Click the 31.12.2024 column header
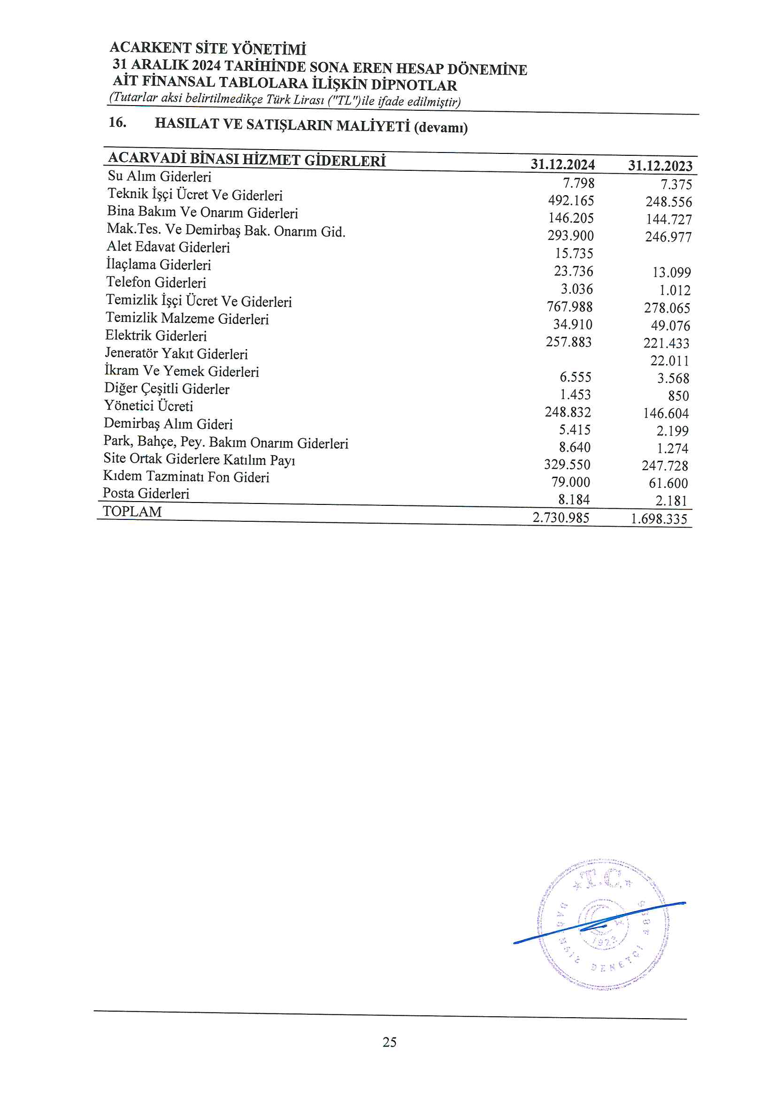pyautogui.click(x=562, y=165)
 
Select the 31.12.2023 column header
pyautogui.click(x=660, y=166)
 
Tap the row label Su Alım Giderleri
pyautogui.click(x=159, y=176)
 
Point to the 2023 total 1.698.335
pyautogui.click(x=658, y=519)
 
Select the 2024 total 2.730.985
pyautogui.click(x=561, y=518)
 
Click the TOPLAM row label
pyautogui.click(x=132, y=512)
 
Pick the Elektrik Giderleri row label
pyautogui.click(x=156, y=336)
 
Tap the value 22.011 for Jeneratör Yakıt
pyautogui.click(x=669, y=361)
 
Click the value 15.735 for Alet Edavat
pyautogui.click(x=574, y=253)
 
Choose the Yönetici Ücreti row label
pyautogui.click(x=149, y=406)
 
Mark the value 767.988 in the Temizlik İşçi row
pyautogui.click(x=569, y=307)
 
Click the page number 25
pyautogui.click(x=389, y=1042)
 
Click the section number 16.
pyautogui.click(x=117, y=123)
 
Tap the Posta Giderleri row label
pyautogui.click(x=146, y=494)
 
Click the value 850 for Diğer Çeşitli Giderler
pyautogui.click(x=678, y=396)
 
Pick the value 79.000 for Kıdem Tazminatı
pyautogui.click(x=570, y=482)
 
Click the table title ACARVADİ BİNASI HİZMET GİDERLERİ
pyautogui.click(x=247, y=160)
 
